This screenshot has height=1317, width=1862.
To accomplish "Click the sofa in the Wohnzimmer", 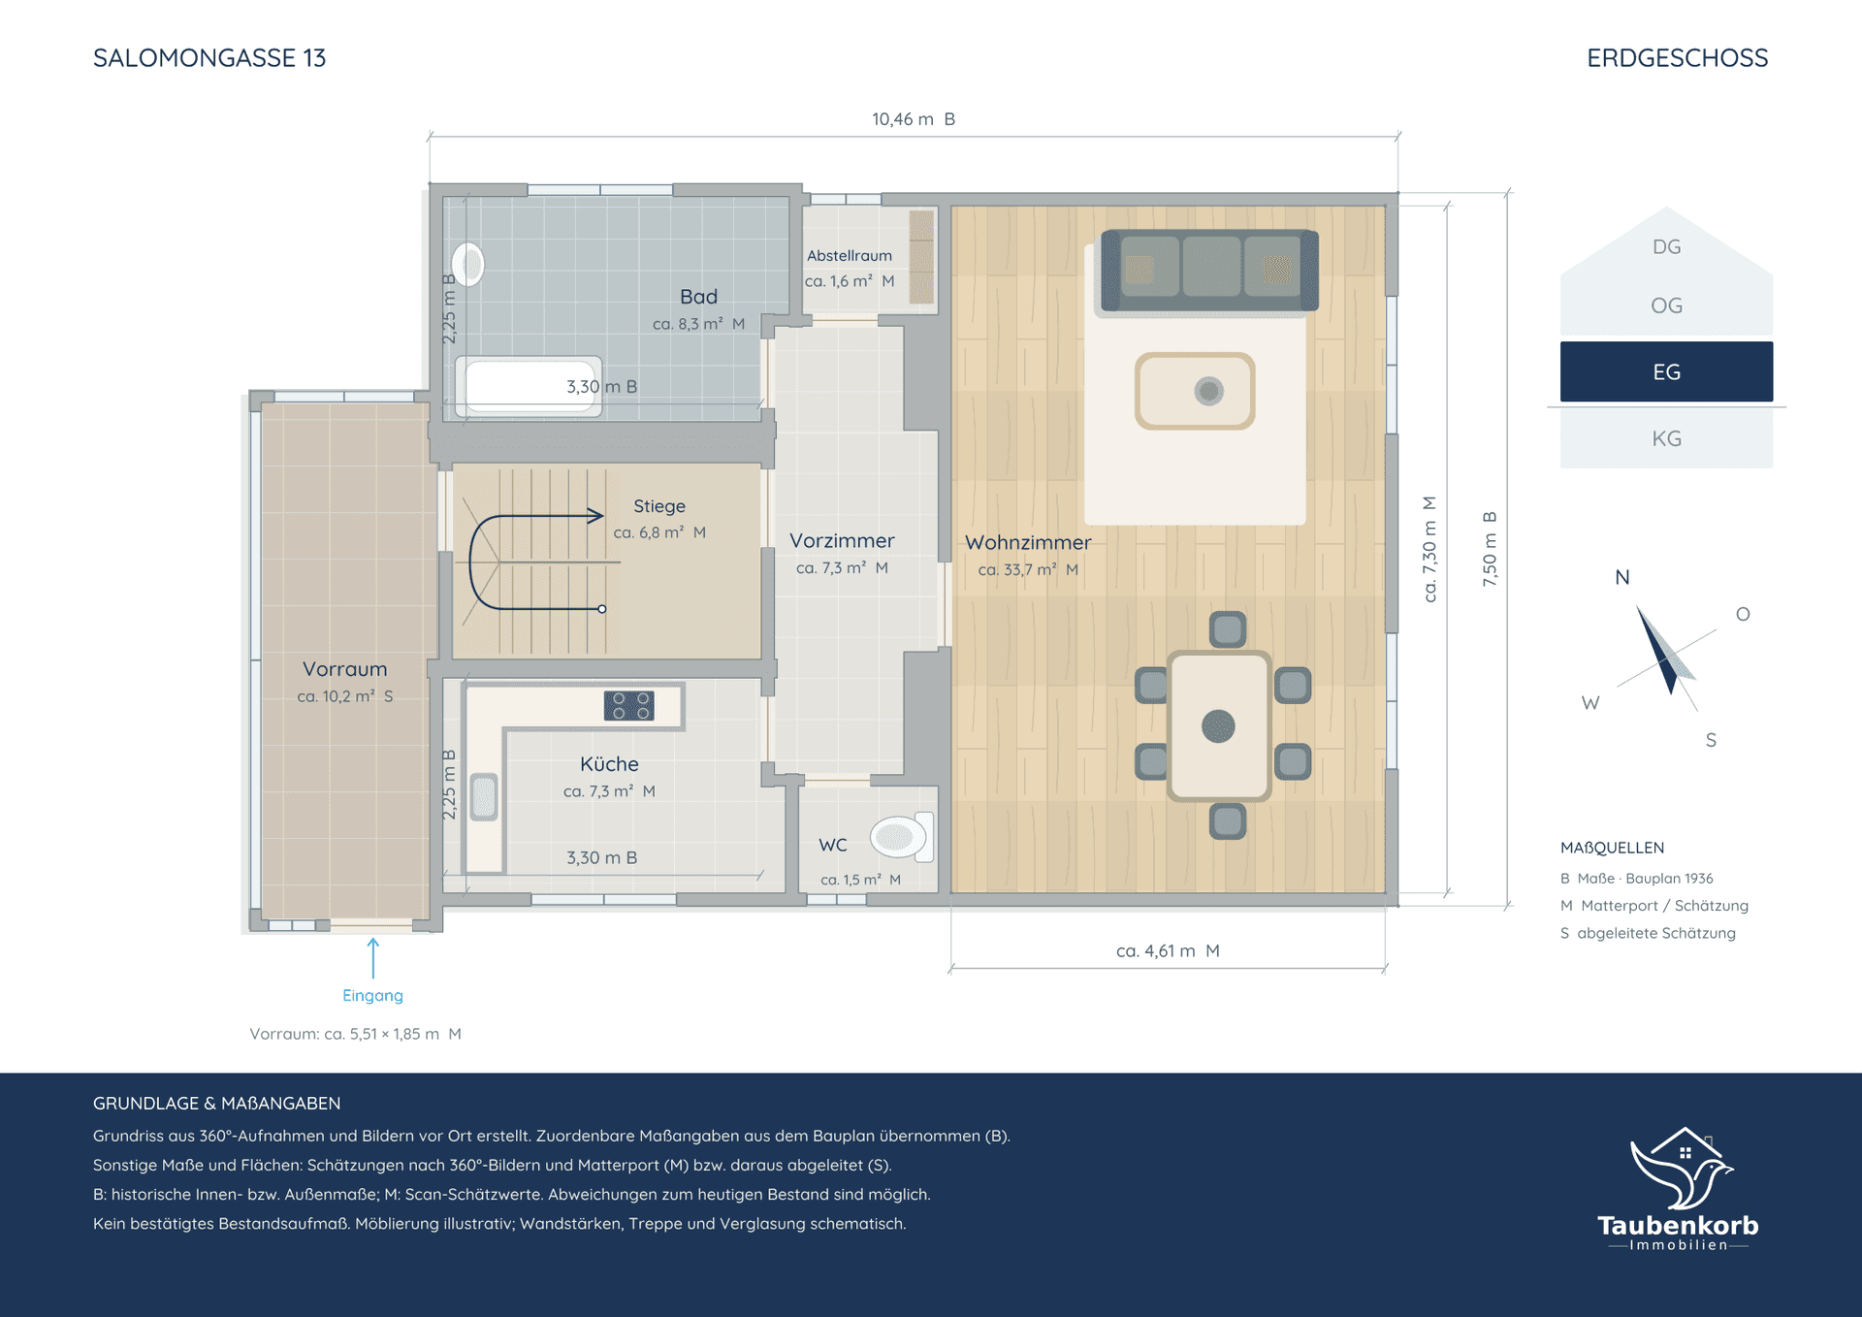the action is click(1208, 271).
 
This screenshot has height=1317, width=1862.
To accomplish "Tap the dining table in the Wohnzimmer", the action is click(1219, 725).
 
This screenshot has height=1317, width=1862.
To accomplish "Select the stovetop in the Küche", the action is click(628, 705).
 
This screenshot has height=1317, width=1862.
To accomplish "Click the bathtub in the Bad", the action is click(529, 386).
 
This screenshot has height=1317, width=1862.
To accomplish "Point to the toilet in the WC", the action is click(902, 837).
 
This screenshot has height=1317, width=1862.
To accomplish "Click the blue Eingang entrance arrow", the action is click(373, 957).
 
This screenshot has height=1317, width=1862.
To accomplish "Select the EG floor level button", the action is click(1666, 371).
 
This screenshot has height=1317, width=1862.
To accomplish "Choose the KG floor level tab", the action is click(1666, 438).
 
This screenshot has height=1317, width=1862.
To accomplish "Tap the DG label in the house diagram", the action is click(1666, 247).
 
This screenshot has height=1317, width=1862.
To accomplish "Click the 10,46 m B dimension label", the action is click(914, 119).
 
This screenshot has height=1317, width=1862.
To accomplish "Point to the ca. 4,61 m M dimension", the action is click(1168, 951).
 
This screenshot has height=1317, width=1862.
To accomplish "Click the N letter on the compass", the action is click(1622, 578).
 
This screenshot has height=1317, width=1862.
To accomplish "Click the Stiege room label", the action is click(659, 506).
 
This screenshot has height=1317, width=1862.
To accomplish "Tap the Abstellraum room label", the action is click(850, 256).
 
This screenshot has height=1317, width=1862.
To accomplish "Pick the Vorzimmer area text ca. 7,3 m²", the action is click(831, 568).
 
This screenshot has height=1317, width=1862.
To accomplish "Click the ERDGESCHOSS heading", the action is click(1678, 58).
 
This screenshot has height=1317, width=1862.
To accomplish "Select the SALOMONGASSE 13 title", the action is click(209, 58).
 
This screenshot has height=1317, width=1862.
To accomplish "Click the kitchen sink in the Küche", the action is click(484, 797).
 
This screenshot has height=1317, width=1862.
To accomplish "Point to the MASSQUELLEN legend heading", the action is click(1612, 848).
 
